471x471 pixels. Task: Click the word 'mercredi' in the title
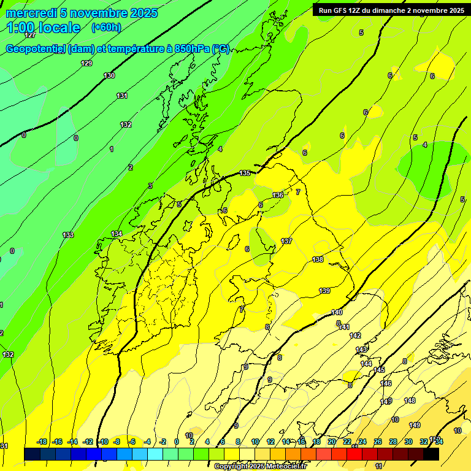[x=31, y=13]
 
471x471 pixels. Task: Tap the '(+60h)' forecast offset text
[x=106, y=27]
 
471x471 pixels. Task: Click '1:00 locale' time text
[x=44, y=28]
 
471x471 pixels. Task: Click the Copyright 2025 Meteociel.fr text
[x=260, y=467]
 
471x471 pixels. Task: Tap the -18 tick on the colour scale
[x=42, y=442]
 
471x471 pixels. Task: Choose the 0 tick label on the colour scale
[x=177, y=442]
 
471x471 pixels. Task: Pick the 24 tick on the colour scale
[x=362, y=442]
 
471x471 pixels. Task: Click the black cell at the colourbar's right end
[x=431, y=454]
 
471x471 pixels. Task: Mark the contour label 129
[x=86, y=63]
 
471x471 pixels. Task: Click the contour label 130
[x=109, y=75]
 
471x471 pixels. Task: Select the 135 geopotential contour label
[x=245, y=174]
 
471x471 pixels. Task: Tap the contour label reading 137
[x=286, y=241]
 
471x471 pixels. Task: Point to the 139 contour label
[x=324, y=291]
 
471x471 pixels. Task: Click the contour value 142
[x=355, y=335]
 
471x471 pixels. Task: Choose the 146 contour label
[x=386, y=383]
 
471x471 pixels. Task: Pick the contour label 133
[x=68, y=235]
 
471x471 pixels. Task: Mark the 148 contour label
[x=410, y=400]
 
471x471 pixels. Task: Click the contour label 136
[x=278, y=195]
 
